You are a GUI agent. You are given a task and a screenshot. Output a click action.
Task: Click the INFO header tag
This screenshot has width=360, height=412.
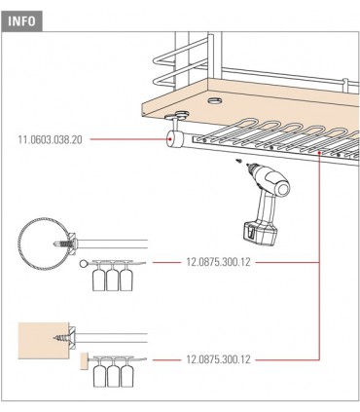21,21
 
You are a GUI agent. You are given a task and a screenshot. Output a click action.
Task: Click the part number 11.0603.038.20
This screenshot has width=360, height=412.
51,140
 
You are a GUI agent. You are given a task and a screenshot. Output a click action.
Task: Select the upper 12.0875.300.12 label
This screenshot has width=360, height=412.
218,262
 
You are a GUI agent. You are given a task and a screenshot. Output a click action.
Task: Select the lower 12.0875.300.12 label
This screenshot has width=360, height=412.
218,359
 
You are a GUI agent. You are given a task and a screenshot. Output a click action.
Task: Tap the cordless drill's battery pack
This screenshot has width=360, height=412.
260,233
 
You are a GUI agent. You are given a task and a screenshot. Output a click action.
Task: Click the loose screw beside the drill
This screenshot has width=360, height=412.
239,160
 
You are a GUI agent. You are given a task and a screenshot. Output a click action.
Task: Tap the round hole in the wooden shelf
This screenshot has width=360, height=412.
214,100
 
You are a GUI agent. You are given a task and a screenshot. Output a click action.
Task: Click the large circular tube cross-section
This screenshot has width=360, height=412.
44,243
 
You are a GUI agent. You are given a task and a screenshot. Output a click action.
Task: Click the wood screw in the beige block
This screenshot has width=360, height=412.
62,338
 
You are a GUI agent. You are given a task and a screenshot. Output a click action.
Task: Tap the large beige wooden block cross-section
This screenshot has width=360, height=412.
44,341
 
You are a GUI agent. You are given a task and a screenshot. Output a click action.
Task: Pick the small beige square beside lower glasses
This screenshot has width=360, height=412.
85,360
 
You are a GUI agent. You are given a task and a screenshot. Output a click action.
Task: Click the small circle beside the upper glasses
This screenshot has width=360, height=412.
84,263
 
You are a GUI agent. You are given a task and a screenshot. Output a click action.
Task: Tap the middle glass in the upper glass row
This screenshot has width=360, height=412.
112,277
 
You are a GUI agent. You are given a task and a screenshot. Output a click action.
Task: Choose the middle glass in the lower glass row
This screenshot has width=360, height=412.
113,373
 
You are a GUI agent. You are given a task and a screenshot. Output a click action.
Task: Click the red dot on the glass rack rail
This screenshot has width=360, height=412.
320,152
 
